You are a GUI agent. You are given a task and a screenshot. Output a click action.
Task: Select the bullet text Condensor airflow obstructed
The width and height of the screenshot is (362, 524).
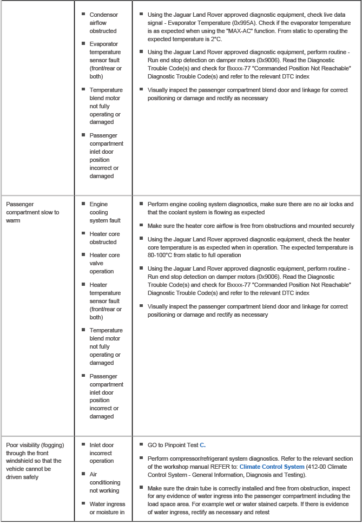tap(103, 23)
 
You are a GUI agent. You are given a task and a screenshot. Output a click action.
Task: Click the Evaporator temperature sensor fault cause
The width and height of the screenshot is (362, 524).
tap(105, 60)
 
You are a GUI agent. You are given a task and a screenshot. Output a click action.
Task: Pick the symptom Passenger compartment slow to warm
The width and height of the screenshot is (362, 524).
tap(32, 212)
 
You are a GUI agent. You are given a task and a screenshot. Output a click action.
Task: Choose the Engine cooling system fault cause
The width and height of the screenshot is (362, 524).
tap(105, 212)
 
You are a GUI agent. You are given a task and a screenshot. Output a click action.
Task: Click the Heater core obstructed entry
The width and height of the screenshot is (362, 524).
tap(104, 238)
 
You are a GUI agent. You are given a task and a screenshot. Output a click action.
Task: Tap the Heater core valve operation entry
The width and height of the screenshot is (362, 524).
tap(104, 263)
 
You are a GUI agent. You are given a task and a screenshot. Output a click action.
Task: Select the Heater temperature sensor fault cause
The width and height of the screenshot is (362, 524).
tap(105, 301)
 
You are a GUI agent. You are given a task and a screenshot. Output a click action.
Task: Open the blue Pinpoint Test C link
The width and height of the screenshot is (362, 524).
tap(202, 445)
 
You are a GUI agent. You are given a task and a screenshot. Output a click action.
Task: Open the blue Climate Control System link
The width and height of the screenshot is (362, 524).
tap(272, 467)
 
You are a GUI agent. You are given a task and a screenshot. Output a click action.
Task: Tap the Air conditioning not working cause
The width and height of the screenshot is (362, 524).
tap(105, 482)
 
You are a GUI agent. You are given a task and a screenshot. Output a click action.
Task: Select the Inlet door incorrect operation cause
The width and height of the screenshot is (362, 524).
tap(102, 453)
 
